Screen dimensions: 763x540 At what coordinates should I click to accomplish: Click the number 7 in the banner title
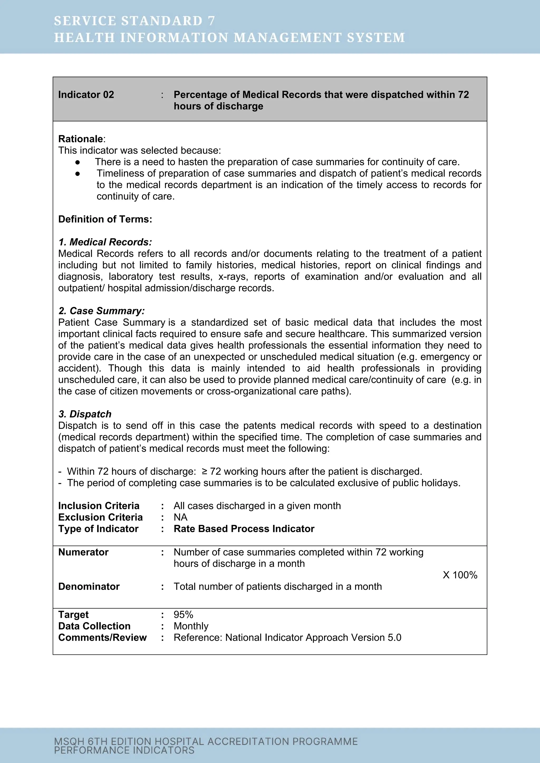click(x=211, y=21)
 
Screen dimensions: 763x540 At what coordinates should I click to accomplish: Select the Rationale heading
click(x=80, y=139)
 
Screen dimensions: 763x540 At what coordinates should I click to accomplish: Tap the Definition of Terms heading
click(x=105, y=219)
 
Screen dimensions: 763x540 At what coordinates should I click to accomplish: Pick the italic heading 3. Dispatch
click(x=85, y=414)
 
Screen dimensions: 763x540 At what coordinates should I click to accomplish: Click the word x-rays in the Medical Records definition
click(x=229, y=276)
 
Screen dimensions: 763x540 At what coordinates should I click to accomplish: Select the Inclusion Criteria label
click(x=99, y=506)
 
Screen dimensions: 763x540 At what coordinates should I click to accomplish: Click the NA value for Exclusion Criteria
click(x=181, y=517)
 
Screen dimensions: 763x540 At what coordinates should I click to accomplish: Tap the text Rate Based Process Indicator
click(x=244, y=529)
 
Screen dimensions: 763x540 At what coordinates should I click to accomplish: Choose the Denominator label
click(x=89, y=586)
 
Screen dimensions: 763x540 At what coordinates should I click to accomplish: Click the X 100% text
click(x=460, y=575)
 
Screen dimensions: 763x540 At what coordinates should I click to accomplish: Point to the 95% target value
click(x=183, y=614)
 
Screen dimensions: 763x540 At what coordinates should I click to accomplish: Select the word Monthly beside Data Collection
click(x=191, y=626)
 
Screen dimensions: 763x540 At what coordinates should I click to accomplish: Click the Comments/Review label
click(x=102, y=637)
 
